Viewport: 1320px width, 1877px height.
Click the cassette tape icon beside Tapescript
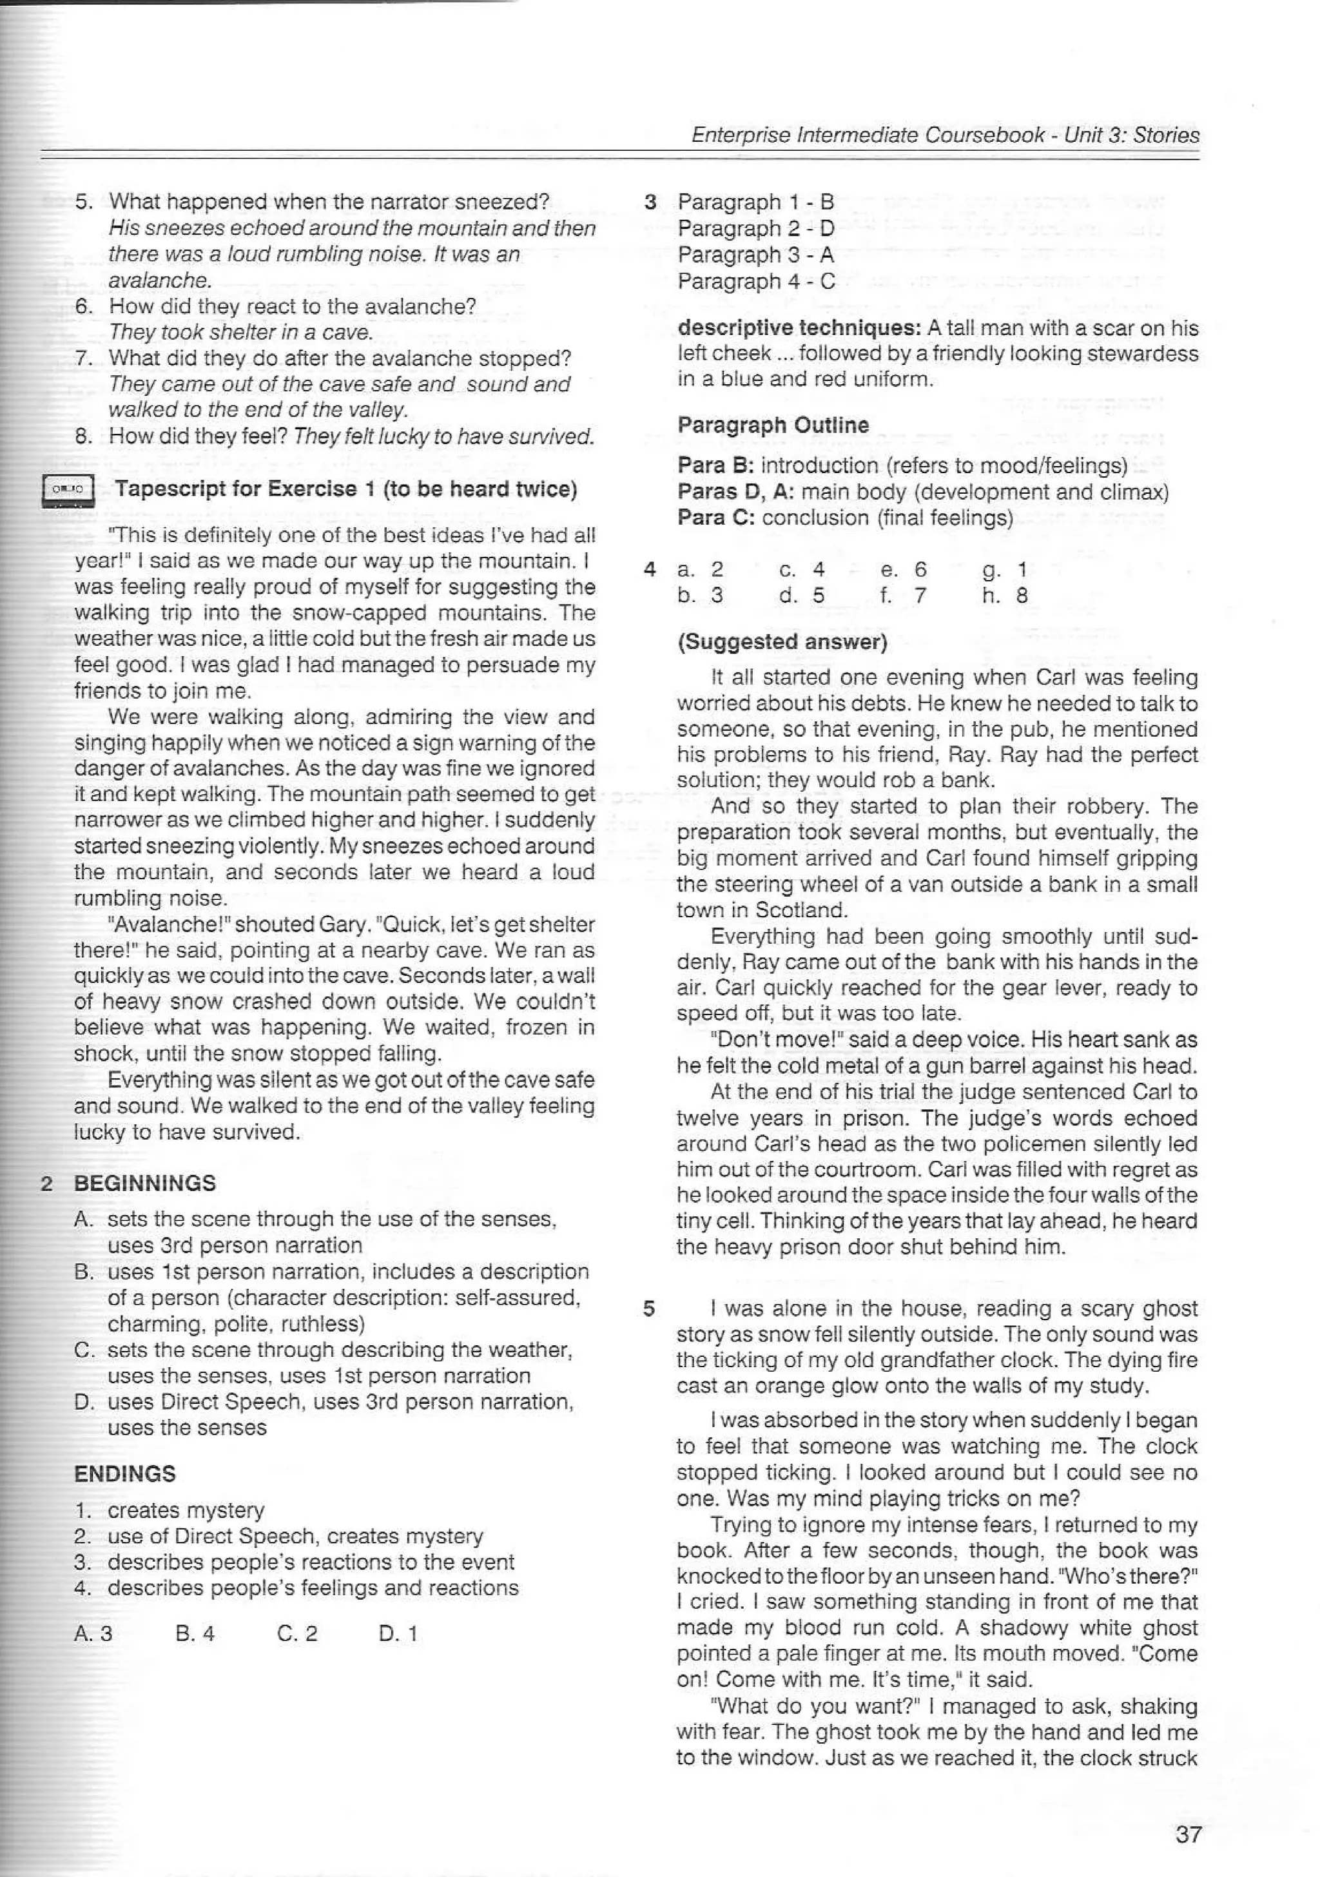click(x=68, y=491)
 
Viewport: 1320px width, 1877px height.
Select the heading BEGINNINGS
click(x=144, y=1183)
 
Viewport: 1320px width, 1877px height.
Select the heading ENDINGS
click(x=124, y=1473)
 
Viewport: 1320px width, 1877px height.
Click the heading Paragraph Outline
click(x=772, y=425)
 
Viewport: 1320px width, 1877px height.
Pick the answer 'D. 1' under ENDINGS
click(x=398, y=1633)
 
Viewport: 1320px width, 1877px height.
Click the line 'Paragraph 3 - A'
click(x=755, y=255)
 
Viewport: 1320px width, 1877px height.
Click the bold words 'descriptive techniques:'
click(x=799, y=328)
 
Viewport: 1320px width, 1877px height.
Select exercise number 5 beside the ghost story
click(x=648, y=1309)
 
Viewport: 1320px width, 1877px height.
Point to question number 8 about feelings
click(x=83, y=436)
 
